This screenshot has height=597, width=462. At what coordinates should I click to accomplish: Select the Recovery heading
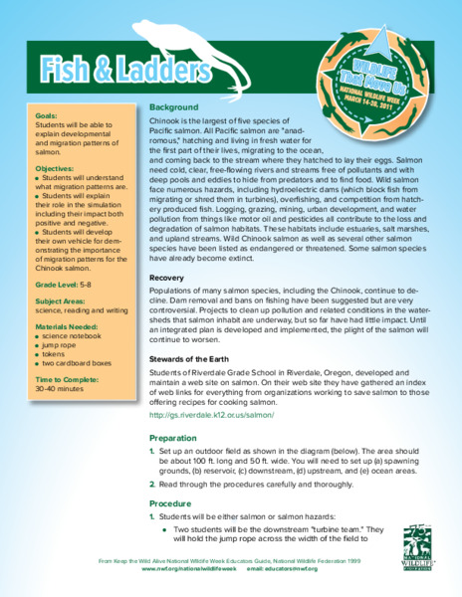[167, 278]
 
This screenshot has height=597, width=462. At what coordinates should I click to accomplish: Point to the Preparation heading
[173, 437]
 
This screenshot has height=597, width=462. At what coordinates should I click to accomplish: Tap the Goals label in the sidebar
[46, 115]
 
